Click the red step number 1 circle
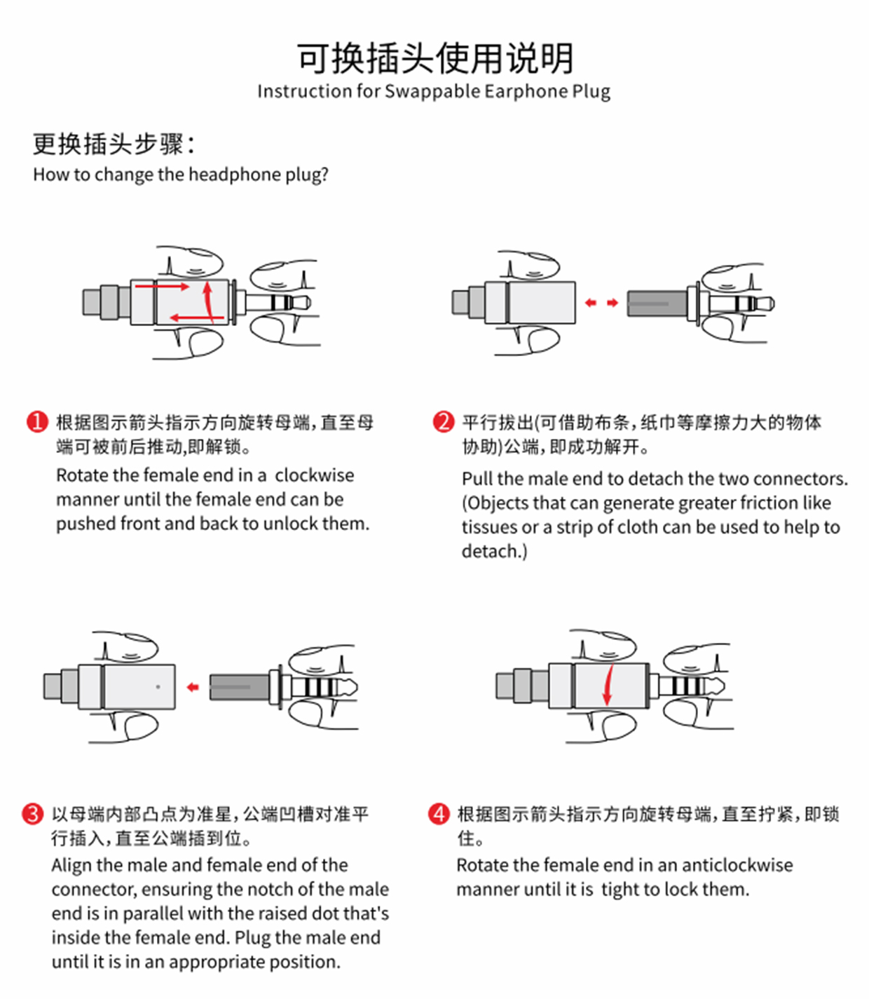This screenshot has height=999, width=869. pos(37,422)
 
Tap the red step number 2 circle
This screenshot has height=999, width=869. pos(444,422)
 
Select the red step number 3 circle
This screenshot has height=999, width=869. pos(33,814)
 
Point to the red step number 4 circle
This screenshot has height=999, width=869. pos(439,814)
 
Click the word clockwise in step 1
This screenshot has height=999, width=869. pos(314,475)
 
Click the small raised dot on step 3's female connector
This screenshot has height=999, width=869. pos(158,686)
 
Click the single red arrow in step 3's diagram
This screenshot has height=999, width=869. pos(193,687)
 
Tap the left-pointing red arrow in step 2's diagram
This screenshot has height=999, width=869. pos(591,303)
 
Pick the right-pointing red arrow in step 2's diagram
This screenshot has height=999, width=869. pos(613,303)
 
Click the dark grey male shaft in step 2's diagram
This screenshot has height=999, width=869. pos(656,304)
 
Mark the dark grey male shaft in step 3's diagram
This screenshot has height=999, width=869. pos(239,687)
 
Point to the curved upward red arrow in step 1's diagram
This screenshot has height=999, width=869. pos(208,301)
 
